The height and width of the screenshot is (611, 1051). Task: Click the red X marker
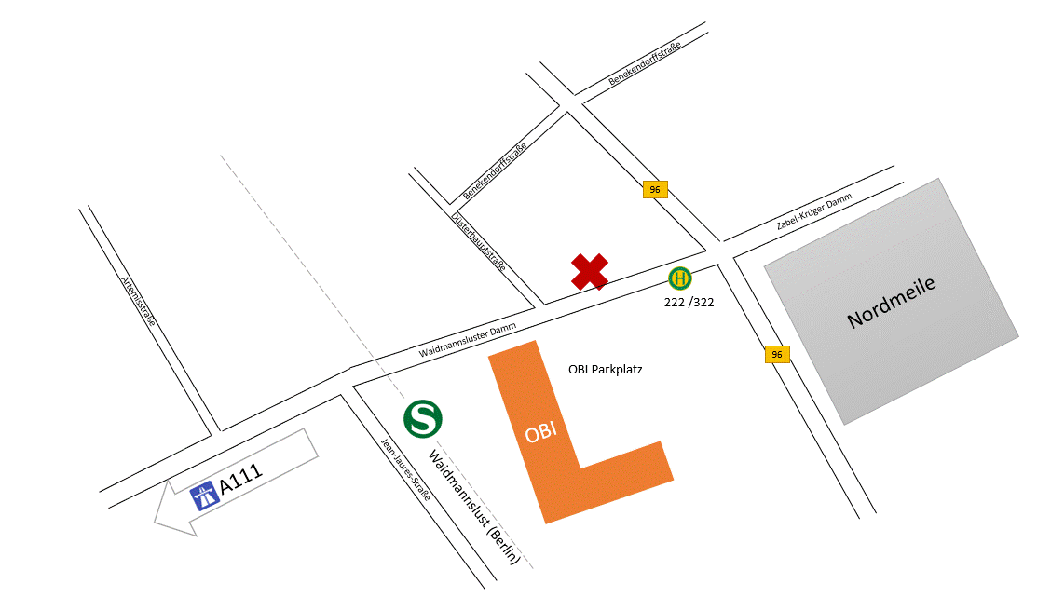pyautogui.click(x=590, y=271)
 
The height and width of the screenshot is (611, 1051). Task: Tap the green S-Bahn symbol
pyautogui.click(x=423, y=418)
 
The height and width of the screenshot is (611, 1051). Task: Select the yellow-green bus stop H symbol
pyautogui.click(x=680, y=278)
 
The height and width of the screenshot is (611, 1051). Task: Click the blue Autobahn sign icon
pyautogui.click(x=204, y=496)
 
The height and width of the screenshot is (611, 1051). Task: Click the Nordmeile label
pyautogui.click(x=892, y=303)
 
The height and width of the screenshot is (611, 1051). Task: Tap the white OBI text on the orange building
pyautogui.click(x=541, y=433)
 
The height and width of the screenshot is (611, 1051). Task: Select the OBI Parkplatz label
pyautogui.click(x=606, y=370)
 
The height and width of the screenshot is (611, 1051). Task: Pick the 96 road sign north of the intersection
pyautogui.click(x=655, y=190)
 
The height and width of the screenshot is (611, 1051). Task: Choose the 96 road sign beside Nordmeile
pyautogui.click(x=777, y=354)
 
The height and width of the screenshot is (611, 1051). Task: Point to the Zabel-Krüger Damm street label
pyautogui.click(x=813, y=213)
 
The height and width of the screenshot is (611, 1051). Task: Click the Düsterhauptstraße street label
pyautogui.click(x=478, y=241)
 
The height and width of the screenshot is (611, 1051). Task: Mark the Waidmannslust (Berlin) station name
pyautogui.click(x=472, y=508)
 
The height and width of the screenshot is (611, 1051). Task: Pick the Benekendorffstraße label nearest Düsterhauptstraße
pyautogui.click(x=495, y=172)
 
